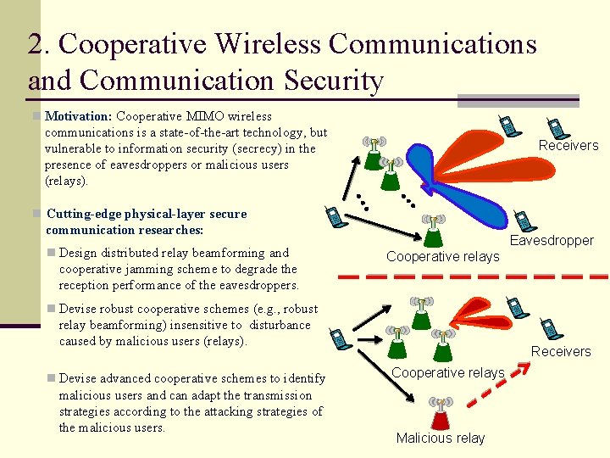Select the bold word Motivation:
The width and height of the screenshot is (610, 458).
point(79,115)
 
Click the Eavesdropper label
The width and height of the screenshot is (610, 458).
point(552,241)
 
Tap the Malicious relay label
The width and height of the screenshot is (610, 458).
point(441,438)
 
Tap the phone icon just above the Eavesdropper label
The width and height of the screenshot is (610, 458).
point(524,220)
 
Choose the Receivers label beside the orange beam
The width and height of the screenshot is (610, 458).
point(568,145)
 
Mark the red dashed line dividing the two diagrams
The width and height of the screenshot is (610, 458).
point(474,276)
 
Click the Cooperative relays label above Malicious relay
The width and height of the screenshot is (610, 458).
point(448,372)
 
